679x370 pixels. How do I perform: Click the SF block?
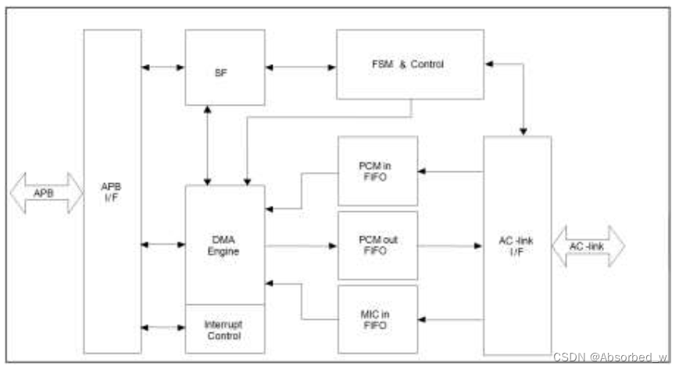point(224,68)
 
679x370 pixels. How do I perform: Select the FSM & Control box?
point(409,64)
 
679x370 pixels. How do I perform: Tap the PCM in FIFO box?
point(377,171)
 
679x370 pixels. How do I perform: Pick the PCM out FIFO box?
point(377,246)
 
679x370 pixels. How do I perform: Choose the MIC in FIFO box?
point(377,319)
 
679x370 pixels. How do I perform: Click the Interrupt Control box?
point(224,329)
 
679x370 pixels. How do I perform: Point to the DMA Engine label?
point(224,246)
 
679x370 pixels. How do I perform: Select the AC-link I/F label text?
point(516,246)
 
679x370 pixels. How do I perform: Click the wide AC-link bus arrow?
point(588,246)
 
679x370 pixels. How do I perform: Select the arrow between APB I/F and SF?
point(163,68)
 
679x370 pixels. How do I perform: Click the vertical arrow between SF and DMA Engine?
point(206,145)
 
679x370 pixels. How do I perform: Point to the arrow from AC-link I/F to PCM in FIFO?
point(450,171)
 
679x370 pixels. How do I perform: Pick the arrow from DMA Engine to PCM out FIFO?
point(301,246)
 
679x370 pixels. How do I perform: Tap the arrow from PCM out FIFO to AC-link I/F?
point(450,246)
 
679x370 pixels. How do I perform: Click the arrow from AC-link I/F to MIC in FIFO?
point(450,319)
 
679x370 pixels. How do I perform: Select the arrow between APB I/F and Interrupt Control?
point(163,328)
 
